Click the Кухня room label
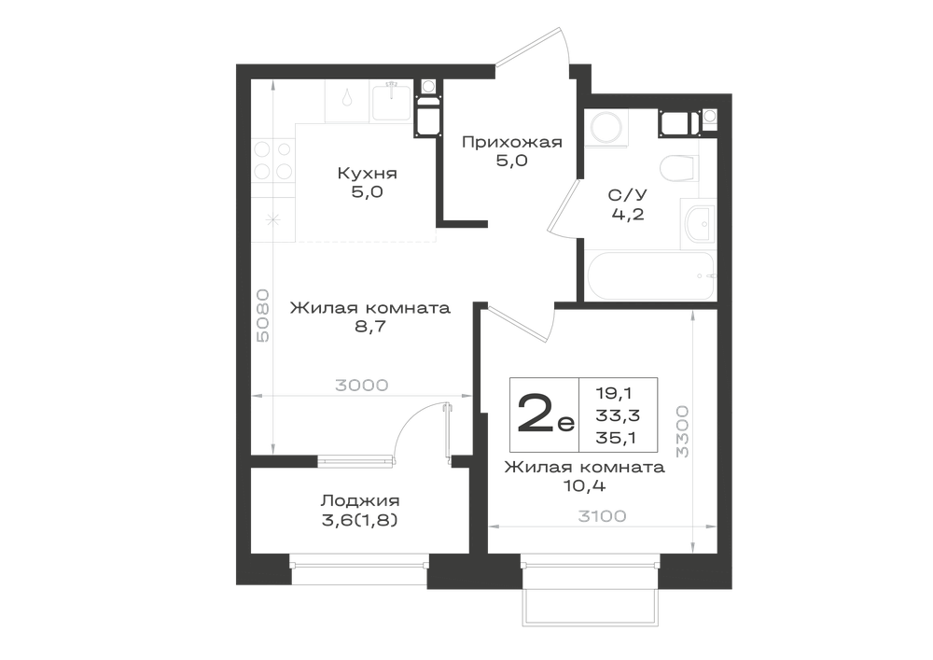coord(367,174)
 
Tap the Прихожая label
coord(511,142)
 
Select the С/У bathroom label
coord(628,194)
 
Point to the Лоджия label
coord(360,500)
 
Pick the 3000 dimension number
coord(362,385)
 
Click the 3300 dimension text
coord(682,431)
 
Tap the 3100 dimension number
coord(602,516)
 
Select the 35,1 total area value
coord(616,438)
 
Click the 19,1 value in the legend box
coord(615,393)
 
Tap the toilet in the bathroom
coord(678,168)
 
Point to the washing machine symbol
coord(605,127)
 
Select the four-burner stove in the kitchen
coord(272,160)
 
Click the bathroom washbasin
coord(699,224)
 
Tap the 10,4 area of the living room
coord(584,486)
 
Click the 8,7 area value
coord(370,327)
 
